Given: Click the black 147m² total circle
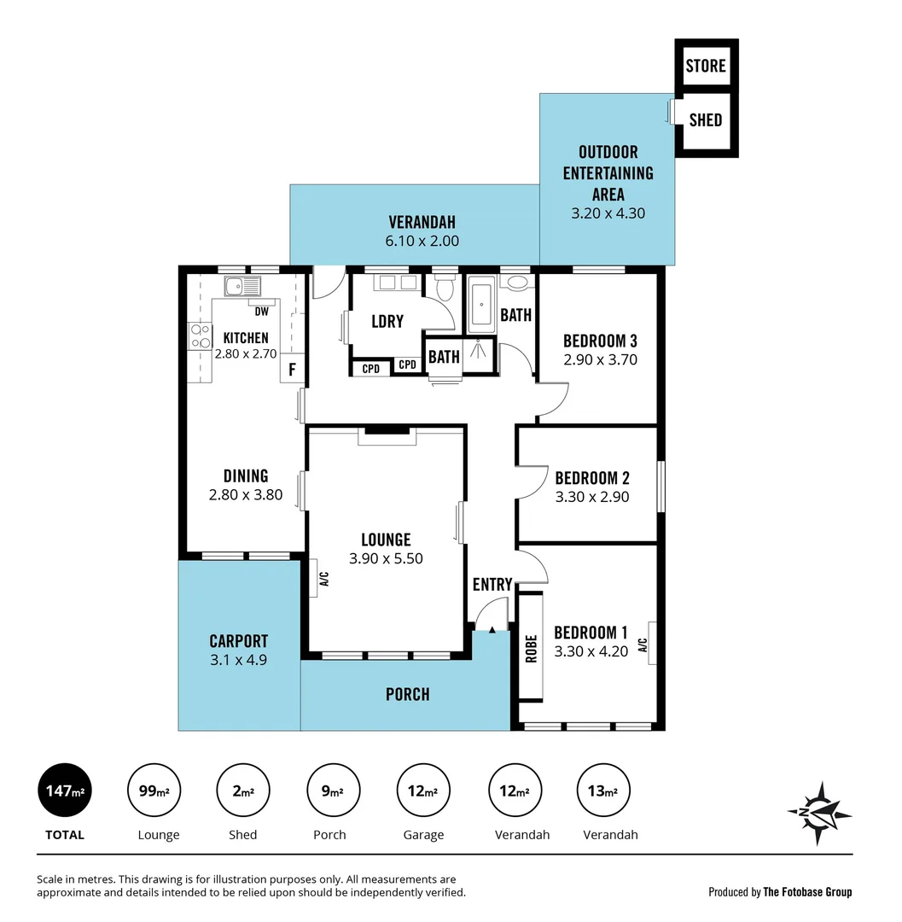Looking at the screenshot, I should [x=65, y=791].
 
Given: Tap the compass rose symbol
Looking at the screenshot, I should [x=818, y=813].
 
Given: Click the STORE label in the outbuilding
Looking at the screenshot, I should [x=706, y=66].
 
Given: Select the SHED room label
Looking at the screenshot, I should [x=706, y=120].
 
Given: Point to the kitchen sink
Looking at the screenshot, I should [x=242, y=285].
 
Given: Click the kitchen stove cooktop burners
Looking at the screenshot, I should [x=201, y=336].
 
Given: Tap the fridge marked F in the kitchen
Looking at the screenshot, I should [x=292, y=370].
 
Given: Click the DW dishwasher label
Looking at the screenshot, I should [x=261, y=312].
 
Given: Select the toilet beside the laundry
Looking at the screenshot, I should [x=443, y=291].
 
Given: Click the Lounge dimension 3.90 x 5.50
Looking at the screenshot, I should [x=386, y=559].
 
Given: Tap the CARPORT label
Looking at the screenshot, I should [x=239, y=641].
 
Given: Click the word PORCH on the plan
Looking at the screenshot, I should [x=408, y=694].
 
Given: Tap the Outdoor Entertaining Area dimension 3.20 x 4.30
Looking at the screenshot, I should [x=608, y=213].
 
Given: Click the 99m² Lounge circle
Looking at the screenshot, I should [x=154, y=791].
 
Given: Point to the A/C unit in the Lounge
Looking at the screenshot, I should [x=313, y=579].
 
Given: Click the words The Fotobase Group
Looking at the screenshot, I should [x=807, y=892].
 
